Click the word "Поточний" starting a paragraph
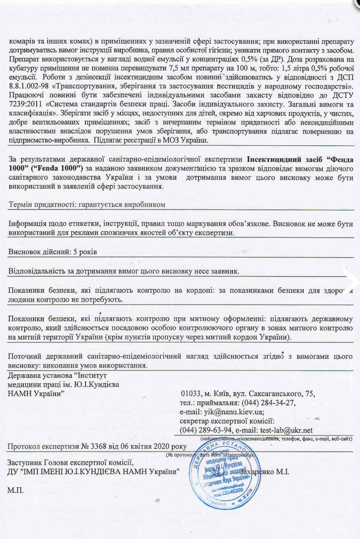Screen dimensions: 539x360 pos(24,356)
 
